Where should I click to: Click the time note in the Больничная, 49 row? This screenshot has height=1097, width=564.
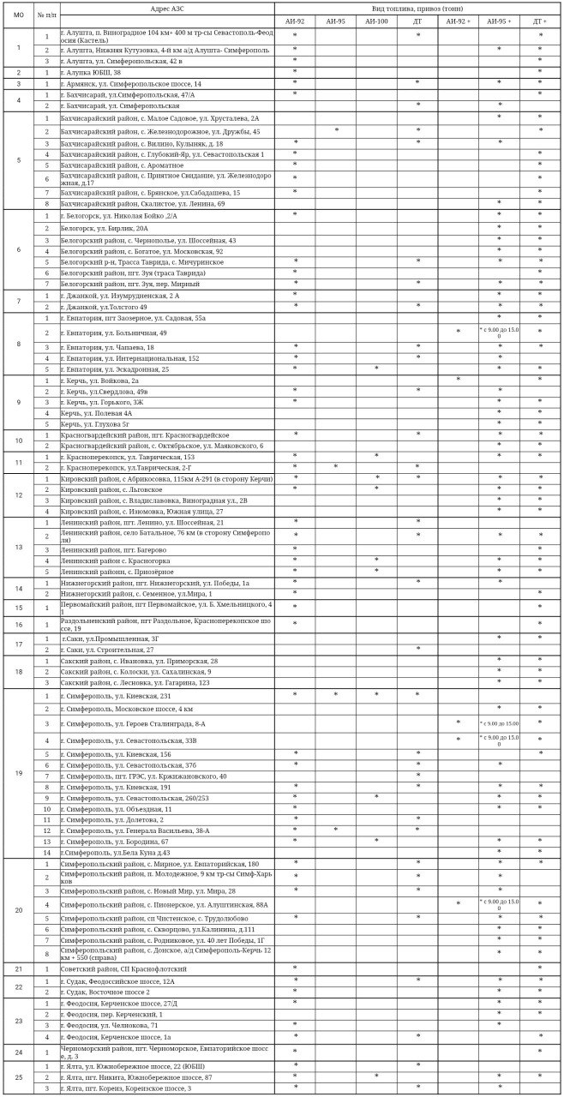click(x=499, y=333)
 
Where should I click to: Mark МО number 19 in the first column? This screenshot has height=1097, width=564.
click(x=19, y=774)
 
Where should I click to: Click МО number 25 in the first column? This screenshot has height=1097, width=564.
click(x=19, y=1076)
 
